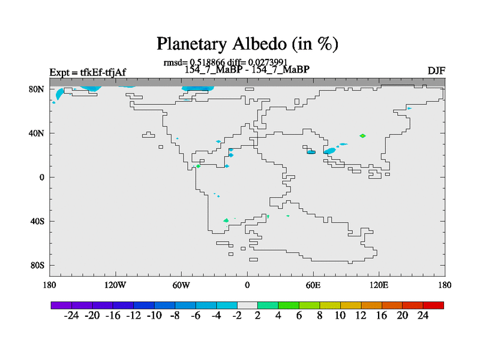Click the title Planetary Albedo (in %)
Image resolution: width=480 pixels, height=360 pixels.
tap(247, 44)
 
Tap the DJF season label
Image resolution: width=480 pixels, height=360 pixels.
tap(436, 71)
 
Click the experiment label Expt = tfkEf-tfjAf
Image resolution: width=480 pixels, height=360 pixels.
tap(88, 73)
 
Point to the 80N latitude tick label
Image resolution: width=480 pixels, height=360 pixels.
tap(37, 89)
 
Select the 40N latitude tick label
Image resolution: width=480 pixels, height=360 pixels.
tap(37, 133)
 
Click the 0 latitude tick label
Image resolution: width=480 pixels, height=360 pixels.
tap(41, 177)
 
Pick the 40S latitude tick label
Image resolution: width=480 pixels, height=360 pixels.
tap(37, 221)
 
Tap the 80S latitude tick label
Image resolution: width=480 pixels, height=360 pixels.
tap(37, 265)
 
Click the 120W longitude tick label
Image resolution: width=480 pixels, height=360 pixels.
tap(115, 286)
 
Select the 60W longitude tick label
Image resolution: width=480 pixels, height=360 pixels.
tap(181, 286)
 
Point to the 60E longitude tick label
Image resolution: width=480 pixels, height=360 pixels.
tap(313, 286)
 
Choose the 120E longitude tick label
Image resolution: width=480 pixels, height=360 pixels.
tap(379, 286)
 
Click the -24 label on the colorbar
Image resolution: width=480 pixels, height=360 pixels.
tap(71, 316)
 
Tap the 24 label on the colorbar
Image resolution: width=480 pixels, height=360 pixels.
tap(423, 316)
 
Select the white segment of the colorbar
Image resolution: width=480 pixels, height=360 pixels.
tap(247, 305)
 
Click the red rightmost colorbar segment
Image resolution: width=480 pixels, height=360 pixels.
tap(433, 305)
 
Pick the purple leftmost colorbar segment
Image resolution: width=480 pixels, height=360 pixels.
tap(61, 305)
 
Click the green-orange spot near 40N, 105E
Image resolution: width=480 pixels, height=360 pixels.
tap(362, 136)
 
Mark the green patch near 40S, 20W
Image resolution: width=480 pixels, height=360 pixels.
tap(226, 220)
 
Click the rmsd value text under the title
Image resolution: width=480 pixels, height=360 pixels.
tap(194, 62)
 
